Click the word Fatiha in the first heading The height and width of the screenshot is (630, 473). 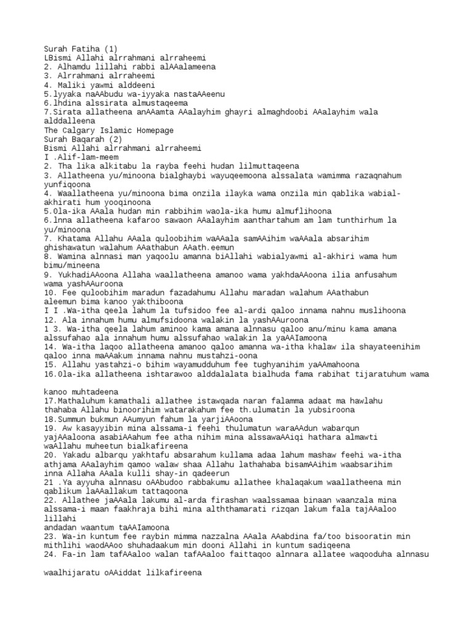coord(85,48)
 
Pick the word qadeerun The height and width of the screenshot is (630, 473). coord(208,474)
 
